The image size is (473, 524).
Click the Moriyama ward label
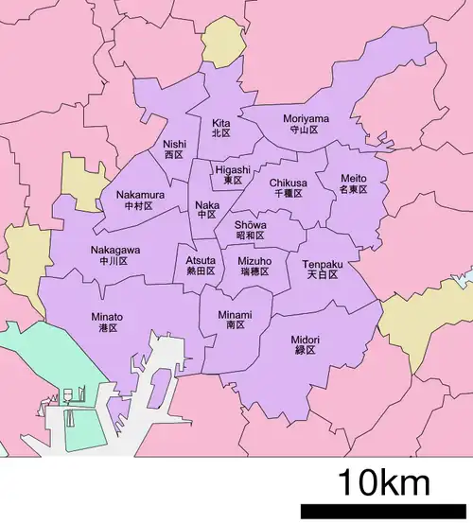tap(307, 124)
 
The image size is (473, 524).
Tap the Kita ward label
tap(220, 129)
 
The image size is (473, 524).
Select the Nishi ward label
tap(173, 148)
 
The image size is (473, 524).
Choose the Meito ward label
tap(353, 183)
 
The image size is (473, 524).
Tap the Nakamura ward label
tap(140, 200)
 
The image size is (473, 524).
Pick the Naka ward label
tap(206, 209)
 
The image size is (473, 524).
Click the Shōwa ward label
tap(250, 230)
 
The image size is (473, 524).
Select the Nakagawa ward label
tap(115, 255)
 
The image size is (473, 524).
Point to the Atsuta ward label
tap(200, 265)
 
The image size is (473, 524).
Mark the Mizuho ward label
tap(254, 266)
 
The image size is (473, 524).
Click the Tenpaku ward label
tap(324, 270)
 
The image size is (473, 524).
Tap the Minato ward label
tap(106, 323)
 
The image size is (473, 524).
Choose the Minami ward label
tap(235, 320)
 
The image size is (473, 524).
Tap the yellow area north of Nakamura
tap(83, 183)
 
